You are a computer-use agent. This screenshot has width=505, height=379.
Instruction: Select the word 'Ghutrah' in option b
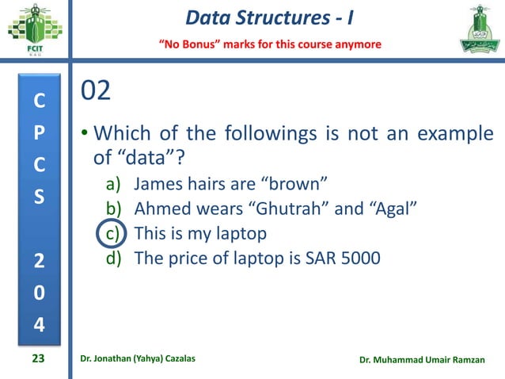point(282,209)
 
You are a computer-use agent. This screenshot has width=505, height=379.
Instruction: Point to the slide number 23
point(38,359)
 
